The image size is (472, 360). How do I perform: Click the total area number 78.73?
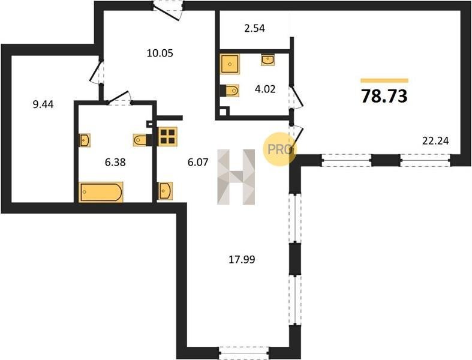(x=384, y=96)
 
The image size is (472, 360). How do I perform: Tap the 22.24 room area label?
(x=435, y=140)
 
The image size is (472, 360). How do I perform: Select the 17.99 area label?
(x=242, y=259)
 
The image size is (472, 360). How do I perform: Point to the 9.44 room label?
(x=43, y=104)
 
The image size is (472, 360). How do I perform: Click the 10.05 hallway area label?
(x=160, y=53)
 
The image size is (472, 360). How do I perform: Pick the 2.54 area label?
(x=254, y=29)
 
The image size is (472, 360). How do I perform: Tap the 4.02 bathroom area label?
(x=265, y=89)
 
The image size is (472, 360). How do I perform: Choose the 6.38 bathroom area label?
(x=115, y=163)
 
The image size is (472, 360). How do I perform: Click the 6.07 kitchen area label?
(x=198, y=163)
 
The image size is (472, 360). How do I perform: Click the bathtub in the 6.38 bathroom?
(x=101, y=192)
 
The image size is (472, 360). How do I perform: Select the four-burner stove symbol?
(x=168, y=136)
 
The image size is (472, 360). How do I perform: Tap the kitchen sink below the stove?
(x=165, y=191)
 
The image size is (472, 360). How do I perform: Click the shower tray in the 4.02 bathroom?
(x=230, y=64)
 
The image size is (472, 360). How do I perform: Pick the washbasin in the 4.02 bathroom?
(x=267, y=60)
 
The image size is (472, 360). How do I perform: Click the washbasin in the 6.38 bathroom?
(x=85, y=140)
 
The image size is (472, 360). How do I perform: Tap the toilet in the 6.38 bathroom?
(x=143, y=140)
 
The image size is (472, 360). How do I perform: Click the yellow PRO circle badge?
(x=280, y=149)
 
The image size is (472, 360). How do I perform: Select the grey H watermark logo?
(x=236, y=177)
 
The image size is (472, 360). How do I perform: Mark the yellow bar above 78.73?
(x=384, y=80)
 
